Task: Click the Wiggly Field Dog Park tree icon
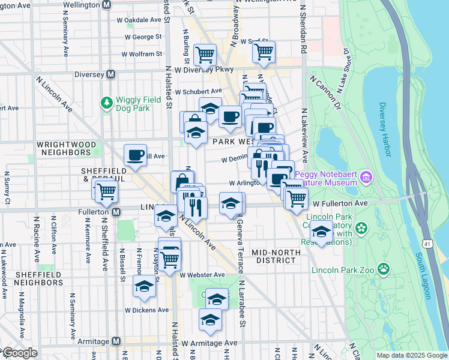point(107,103)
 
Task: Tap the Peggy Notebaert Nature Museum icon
point(367,178)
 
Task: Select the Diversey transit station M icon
point(110,74)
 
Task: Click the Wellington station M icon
point(107,5)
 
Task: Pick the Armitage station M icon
point(116,341)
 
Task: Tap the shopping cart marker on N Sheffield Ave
point(106,192)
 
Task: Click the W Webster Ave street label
point(202,275)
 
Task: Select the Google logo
point(19,353)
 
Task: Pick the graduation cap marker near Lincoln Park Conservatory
point(322,232)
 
